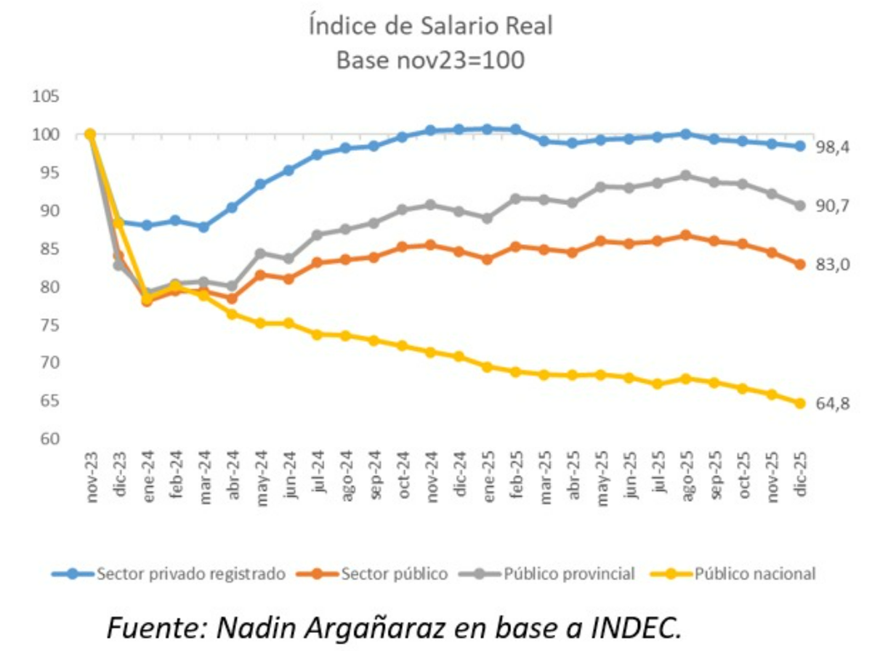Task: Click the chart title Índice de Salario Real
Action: pos(431,27)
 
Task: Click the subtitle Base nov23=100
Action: pos(431,61)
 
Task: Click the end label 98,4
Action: pos(832,147)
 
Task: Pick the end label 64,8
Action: pos(832,404)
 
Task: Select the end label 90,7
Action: pos(832,206)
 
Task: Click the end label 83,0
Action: pos(832,265)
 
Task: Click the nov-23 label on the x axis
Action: pos(91,476)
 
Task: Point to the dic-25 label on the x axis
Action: pos(800,476)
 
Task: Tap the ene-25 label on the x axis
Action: pos(488,476)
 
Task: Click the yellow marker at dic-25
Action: pos(800,403)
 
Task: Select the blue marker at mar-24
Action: pos(203,227)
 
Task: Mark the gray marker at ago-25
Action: pos(686,175)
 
